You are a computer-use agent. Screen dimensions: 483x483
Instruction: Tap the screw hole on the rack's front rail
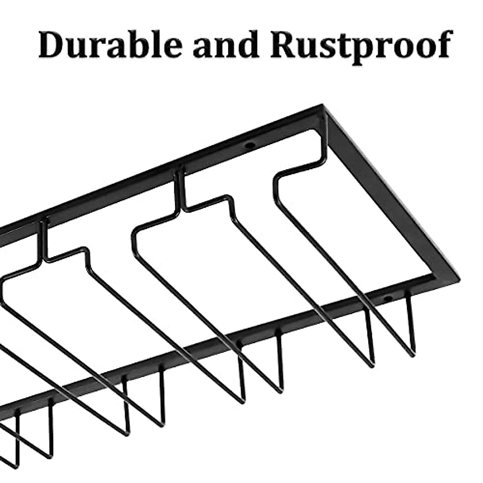tap(387, 298)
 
